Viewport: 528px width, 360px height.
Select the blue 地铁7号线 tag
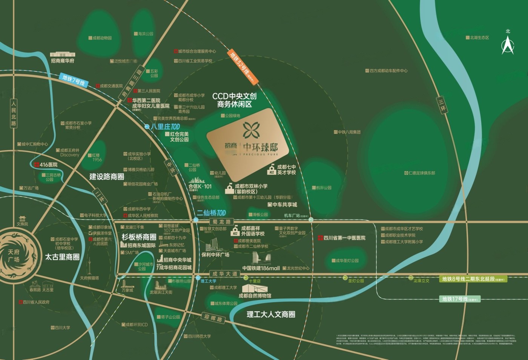click(74, 80)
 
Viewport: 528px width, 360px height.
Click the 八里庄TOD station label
click(165, 127)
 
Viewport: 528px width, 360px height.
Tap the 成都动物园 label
click(100, 38)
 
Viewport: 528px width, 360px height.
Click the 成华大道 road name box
click(225, 274)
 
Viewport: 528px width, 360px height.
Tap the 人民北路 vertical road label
click(14, 113)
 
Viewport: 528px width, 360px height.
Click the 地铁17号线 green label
click(460, 299)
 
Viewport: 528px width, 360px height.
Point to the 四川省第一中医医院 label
click(344, 238)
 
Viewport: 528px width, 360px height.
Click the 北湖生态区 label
click(479, 38)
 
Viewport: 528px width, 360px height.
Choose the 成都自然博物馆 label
click(255, 296)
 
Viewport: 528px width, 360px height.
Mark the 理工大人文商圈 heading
click(270, 314)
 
